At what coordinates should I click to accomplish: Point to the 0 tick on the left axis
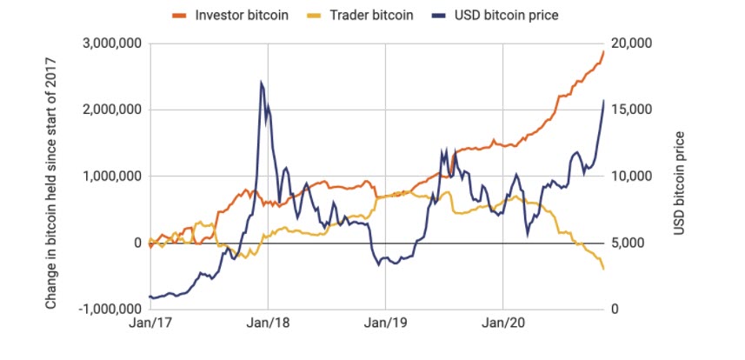pyautogui.click(x=137, y=243)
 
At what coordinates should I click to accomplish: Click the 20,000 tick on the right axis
pyautogui.click(x=632, y=43)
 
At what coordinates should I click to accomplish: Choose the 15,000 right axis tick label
pyautogui.click(x=632, y=110)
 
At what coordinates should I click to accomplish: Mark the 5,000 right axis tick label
pyautogui.click(x=629, y=243)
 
